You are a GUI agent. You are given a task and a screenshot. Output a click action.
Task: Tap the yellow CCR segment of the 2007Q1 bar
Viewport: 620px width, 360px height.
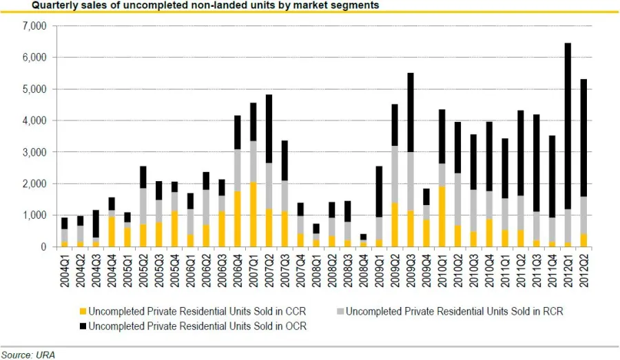[254, 214]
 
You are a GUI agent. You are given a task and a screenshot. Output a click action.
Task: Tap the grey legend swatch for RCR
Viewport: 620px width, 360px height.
[338, 311]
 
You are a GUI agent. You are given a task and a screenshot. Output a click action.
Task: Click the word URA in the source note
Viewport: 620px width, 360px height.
[45, 354]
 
